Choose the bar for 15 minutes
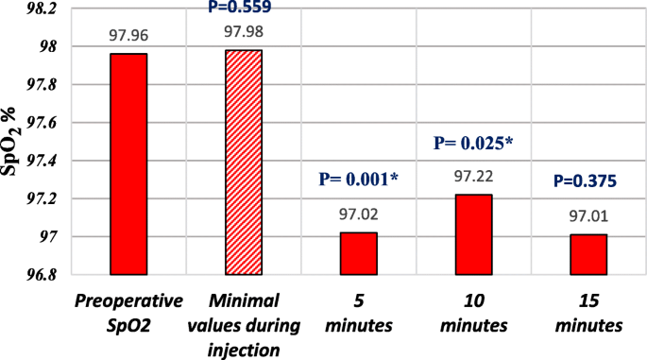tap(588, 254)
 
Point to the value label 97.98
tap(244, 34)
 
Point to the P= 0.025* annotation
tap(473, 144)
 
